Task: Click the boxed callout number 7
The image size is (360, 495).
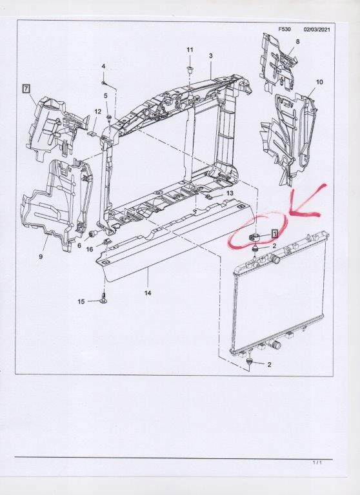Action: pos(26,88)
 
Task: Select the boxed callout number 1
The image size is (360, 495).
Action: pos(275,234)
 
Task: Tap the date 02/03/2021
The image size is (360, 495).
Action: pos(317,30)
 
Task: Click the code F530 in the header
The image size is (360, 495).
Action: pos(284,30)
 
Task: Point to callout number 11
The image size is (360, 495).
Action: pos(190,50)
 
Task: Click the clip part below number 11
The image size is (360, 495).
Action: pos(190,69)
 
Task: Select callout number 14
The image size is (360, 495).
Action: pos(148,293)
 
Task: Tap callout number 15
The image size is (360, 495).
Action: pos(81,302)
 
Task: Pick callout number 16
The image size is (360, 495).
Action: pos(90,249)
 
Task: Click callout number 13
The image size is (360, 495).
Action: pos(230,193)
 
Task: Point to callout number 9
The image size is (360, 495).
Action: pos(41,257)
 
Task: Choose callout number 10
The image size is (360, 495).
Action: pos(319,82)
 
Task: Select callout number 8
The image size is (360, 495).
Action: pos(297,41)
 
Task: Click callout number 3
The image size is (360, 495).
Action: pos(211,56)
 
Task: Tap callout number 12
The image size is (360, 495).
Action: pos(97,112)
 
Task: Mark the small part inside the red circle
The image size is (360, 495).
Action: pos(255,237)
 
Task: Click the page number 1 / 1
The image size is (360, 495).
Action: pos(317,463)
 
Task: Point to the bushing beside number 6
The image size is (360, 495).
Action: pos(94,234)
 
